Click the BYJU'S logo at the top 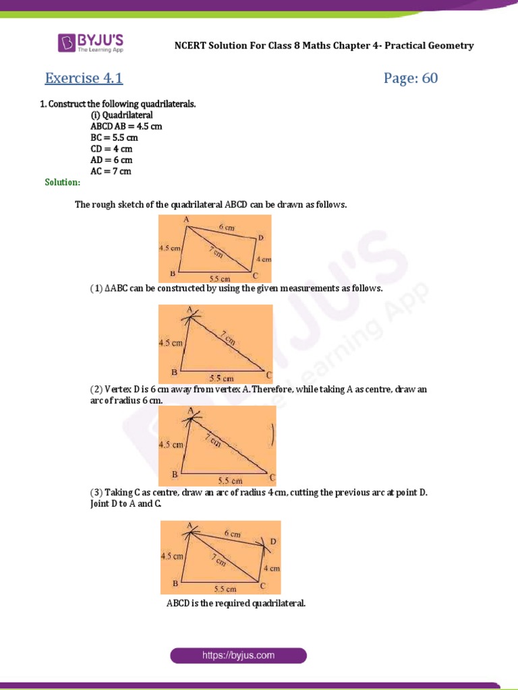tap(90, 43)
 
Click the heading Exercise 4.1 tap(84, 78)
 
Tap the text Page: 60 tap(411, 78)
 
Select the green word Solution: tap(63, 182)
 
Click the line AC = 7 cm tap(111, 171)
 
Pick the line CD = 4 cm tap(111, 149)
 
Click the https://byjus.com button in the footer tap(238, 655)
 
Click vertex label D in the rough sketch tap(260, 238)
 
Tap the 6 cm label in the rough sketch tap(226, 228)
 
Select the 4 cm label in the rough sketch tap(263, 259)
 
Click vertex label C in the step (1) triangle tap(268, 375)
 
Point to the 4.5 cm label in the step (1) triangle tap(171, 343)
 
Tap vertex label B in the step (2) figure tap(174, 475)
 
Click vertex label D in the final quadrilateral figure tap(272, 542)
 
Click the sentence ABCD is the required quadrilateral tap(236, 603)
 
